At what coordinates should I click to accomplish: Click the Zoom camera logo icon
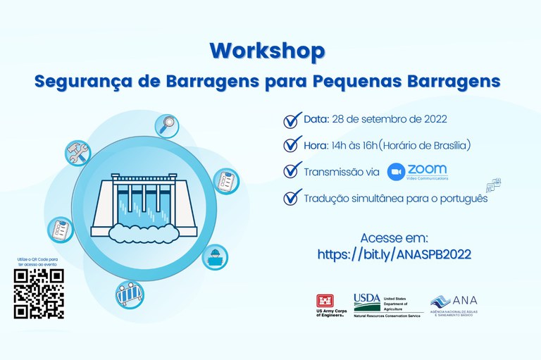point(396,172)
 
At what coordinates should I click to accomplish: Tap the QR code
point(39,294)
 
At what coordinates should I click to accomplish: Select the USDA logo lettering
point(366,298)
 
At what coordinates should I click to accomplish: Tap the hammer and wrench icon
point(75,153)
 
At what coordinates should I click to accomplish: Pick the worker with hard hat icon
point(216,258)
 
